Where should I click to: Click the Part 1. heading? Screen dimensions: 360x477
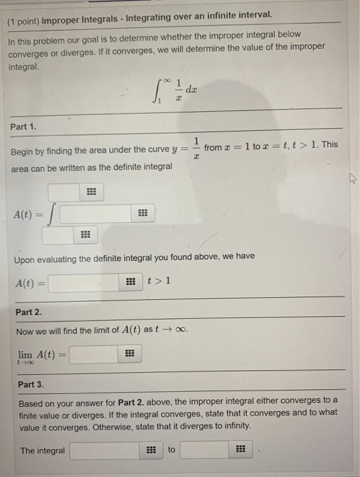(25, 126)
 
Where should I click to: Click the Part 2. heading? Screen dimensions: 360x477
(29, 311)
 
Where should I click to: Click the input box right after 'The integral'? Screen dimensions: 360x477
(106, 450)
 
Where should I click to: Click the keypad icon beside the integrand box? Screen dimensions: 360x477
(142, 213)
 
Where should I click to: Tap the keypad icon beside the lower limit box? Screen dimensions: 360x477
(85, 236)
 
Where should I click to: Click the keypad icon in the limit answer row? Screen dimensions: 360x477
(129, 354)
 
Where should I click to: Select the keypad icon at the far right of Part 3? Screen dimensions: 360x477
(239, 450)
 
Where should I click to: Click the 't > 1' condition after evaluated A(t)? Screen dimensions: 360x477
(159, 281)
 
